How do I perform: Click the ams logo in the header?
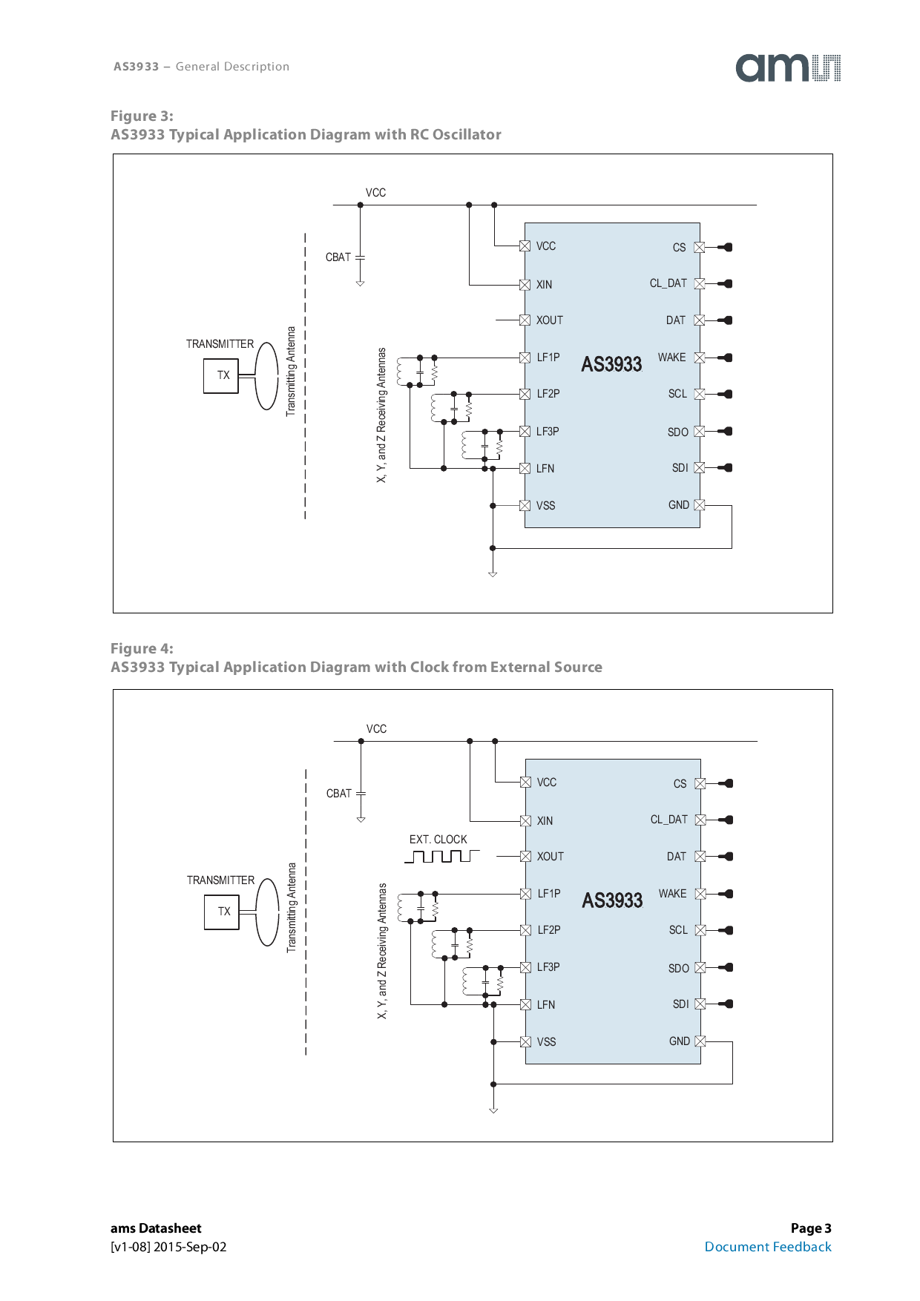pyautogui.click(x=787, y=67)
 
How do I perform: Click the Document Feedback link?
pyautogui.click(x=767, y=1247)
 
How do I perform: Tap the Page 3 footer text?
pyautogui.click(x=810, y=1228)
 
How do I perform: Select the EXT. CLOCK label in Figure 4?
pyautogui.click(x=438, y=840)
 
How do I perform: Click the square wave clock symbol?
pyautogui.click(x=441, y=857)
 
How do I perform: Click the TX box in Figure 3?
pyautogui.click(x=221, y=375)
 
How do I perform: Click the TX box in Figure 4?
pyautogui.click(x=222, y=912)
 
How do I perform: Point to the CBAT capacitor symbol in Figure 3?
pyautogui.click(x=360, y=257)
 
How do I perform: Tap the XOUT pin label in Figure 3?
pyautogui.click(x=549, y=320)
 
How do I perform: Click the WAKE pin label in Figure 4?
pyautogui.click(x=672, y=894)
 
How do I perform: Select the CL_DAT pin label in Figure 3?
pyautogui.click(x=668, y=283)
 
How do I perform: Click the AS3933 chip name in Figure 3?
pyautogui.click(x=611, y=364)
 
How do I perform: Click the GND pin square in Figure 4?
pyautogui.click(x=700, y=1041)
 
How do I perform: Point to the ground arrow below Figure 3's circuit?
pyautogui.click(x=493, y=573)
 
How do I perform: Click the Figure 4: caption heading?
pyautogui.click(x=142, y=648)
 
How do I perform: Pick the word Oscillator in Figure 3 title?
pyautogui.click(x=467, y=134)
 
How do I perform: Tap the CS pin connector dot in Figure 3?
pyautogui.click(x=728, y=247)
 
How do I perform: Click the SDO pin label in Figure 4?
pyautogui.click(x=678, y=968)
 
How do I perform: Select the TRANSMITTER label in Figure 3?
pyautogui.click(x=220, y=344)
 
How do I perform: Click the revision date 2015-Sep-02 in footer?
pyautogui.click(x=190, y=1247)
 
